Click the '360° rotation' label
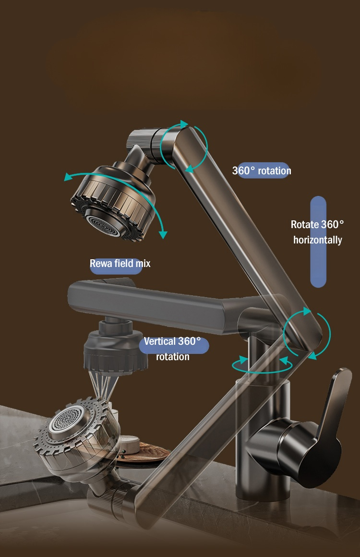tap(262, 170)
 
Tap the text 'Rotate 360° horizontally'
tap(317, 232)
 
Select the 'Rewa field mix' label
tap(120, 263)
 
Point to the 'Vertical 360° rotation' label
tap(172, 349)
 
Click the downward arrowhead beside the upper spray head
tap(163, 234)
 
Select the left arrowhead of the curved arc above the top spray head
tap(69, 177)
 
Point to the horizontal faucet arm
tap(156, 302)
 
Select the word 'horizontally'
tap(318, 240)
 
